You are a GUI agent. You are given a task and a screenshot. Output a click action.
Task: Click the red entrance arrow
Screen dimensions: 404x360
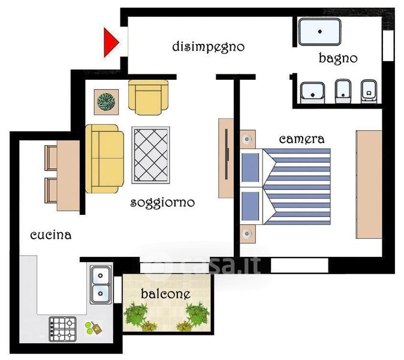(x=110, y=42)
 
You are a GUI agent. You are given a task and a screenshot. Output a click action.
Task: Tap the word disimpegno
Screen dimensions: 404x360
(x=208, y=47)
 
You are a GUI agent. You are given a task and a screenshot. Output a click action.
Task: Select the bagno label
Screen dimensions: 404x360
(x=338, y=58)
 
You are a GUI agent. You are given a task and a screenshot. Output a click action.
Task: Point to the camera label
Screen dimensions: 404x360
(x=302, y=139)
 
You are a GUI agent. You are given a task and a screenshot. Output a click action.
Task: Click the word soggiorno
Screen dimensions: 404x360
(x=162, y=203)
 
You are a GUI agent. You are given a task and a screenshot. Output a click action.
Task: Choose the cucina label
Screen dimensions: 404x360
(x=51, y=235)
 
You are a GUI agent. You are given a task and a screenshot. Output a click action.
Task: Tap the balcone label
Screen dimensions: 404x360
(x=166, y=294)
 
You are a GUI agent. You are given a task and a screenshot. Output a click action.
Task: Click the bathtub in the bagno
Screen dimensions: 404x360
(x=320, y=32)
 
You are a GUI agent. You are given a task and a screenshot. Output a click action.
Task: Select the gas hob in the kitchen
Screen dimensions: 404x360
(x=63, y=329)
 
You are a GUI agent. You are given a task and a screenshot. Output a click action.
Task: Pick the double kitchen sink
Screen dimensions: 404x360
(x=101, y=284)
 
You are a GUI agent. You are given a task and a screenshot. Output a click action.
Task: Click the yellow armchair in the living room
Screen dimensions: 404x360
(x=148, y=97)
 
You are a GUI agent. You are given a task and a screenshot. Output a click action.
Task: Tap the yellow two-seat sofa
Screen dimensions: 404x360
(x=104, y=158)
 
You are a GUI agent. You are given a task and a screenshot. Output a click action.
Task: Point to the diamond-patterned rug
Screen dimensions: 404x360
(x=150, y=155)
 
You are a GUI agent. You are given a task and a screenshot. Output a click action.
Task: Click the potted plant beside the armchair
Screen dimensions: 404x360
(x=106, y=102)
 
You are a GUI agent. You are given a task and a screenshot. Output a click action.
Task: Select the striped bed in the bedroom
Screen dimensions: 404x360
(x=285, y=187)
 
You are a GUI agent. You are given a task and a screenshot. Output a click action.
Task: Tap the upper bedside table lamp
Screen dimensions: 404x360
(x=248, y=139)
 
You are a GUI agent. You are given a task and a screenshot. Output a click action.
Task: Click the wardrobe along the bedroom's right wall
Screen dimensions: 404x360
(x=369, y=184)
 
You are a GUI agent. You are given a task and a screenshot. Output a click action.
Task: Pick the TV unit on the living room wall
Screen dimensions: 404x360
(x=226, y=158)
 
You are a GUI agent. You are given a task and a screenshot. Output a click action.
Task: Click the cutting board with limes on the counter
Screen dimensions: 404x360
(x=94, y=328)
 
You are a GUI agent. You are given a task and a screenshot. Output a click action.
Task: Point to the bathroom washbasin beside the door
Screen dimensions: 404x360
(x=312, y=92)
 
